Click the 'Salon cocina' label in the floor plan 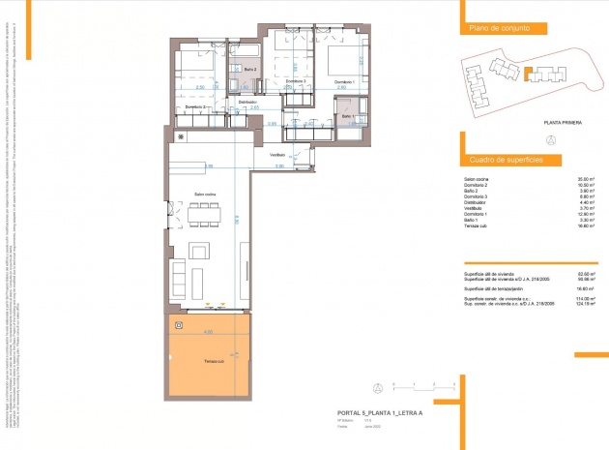pyautogui.click(x=204, y=195)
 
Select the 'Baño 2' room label pyautogui.click(x=247, y=70)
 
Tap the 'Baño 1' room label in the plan pyautogui.click(x=348, y=117)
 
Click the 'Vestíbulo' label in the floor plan pyautogui.click(x=276, y=155)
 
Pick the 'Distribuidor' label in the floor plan pyautogui.click(x=247, y=101)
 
